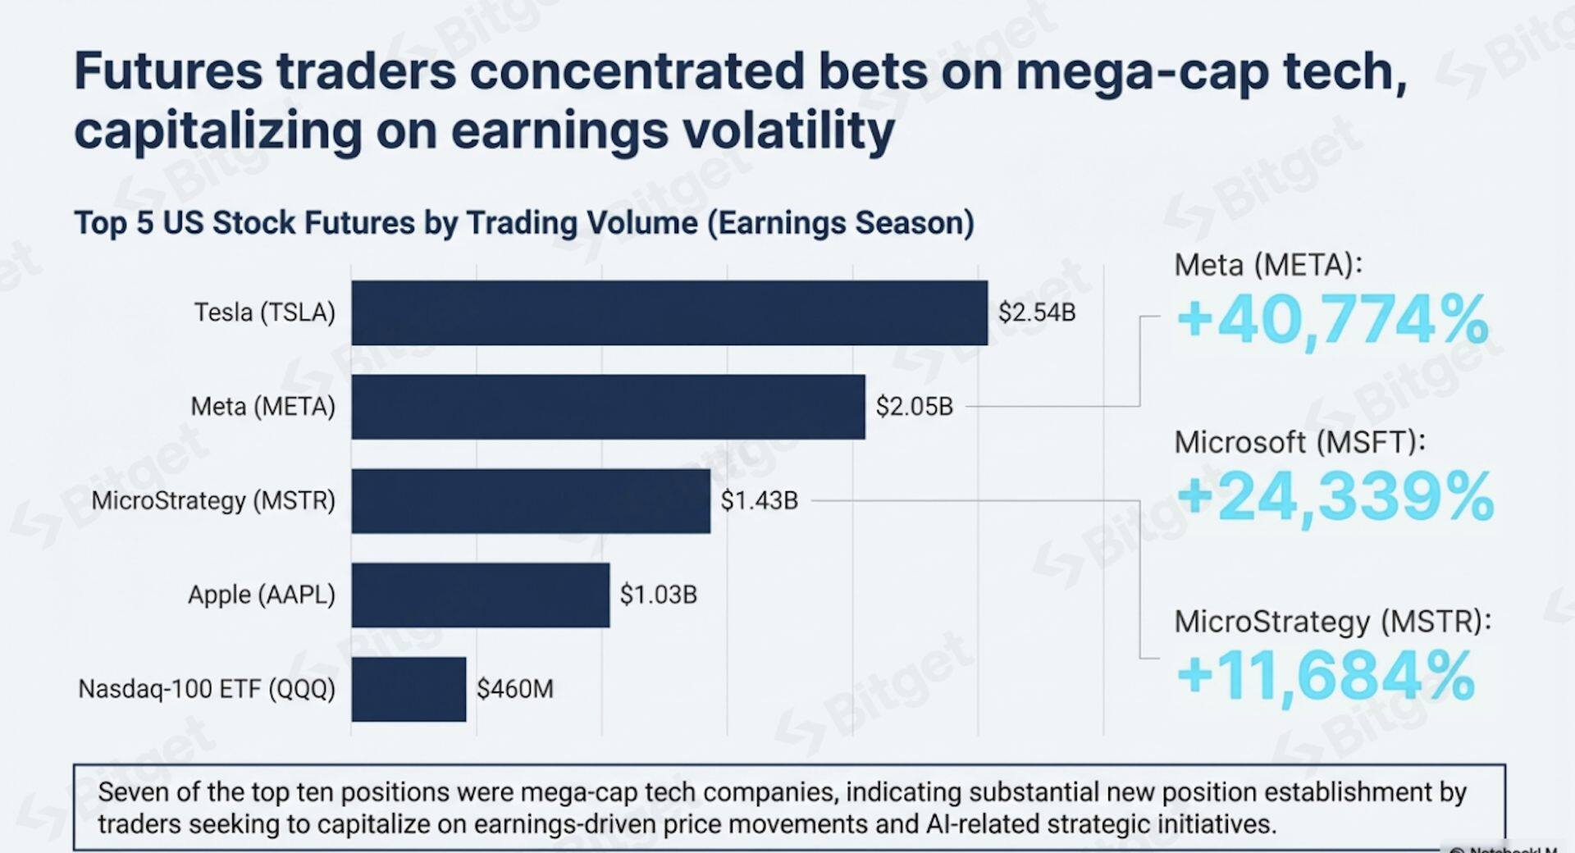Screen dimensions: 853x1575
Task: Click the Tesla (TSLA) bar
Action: click(x=669, y=312)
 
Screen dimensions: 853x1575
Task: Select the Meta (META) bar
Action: click(x=608, y=407)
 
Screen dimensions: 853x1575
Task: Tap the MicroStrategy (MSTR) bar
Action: click(x=531, y=501)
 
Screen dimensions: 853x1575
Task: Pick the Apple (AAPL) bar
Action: click(x=480, y=595)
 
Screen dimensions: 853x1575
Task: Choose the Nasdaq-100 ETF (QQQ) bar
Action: click(x=409, y=689)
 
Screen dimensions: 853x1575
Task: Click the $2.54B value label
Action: click(x=1036, y=312)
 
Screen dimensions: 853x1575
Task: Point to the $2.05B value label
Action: click(x=914, y=407)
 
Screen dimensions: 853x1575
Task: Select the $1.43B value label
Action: click(x=759, y=501)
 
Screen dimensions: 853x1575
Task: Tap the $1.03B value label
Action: click(x=658, y=595)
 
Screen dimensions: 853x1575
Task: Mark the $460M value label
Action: click(x=514, y=689)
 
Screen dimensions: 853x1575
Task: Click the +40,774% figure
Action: click(x=1332, y=321)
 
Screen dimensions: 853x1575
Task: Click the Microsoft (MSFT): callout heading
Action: click(x=1299, y=443)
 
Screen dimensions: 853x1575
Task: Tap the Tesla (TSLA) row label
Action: click(x=264, y=312)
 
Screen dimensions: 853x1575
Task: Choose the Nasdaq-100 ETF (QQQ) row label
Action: click(x=207, y=689)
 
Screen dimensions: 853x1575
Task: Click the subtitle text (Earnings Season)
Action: click(x=840, y=223)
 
